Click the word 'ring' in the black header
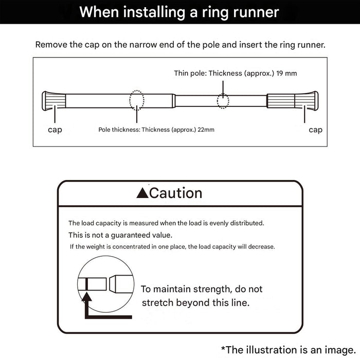tap(215, 13)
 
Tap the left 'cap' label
tap(55, 130)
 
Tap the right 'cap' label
tap(315, 130)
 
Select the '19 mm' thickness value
tap(286, 73)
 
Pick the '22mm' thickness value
tap(206, 130)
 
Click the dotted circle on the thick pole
tap(137, 100)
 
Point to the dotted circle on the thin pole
tap(223, 101)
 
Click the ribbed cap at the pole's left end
tap(53, 101)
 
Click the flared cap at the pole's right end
tap(307, 101)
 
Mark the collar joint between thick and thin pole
tap(174, 101)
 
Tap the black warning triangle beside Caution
tap(142, 193)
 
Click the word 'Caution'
tap(176, 193)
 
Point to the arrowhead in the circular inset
tap(86, 296)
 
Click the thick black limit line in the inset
tap(86, 284)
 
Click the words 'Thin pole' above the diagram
tap(190, 73)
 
